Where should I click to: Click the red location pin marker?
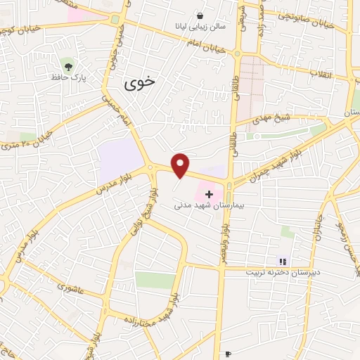tap(181, 165)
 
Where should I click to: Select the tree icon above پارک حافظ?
tap(68, 66)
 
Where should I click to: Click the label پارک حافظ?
tap(68, 77)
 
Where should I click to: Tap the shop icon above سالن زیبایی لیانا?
tap(200, 15)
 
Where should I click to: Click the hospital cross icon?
tap(208, 193)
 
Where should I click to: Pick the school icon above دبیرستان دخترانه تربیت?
tap(283, 262)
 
